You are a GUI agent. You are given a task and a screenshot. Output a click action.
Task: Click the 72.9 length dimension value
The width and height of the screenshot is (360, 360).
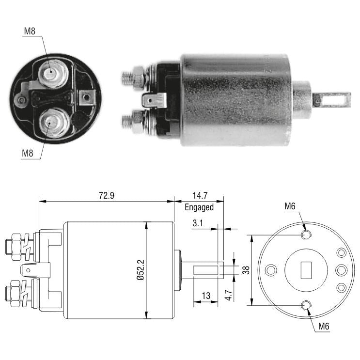click(x=107, y=196)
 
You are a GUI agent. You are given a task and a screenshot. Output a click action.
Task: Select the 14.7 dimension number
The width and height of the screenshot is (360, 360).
click(x=200, y=196)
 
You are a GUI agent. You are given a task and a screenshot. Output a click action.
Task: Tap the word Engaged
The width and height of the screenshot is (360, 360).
click(x=199, y=207)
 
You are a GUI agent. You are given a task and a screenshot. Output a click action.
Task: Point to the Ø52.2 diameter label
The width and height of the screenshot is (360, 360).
click(x=141, y=270)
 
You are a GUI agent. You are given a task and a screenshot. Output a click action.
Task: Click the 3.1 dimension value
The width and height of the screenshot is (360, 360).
click(x=198, y=223)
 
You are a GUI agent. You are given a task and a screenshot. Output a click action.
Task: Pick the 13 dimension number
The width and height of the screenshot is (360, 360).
click(x=206, y=296)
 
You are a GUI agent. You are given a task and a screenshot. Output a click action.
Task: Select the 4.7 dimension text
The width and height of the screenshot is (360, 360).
click(x=229, y=295)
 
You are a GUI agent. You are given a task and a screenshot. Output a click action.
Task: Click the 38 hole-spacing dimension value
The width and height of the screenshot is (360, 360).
click(x=246, y=270)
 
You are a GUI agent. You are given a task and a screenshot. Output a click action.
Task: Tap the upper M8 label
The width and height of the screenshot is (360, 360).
click(x=30, y=31)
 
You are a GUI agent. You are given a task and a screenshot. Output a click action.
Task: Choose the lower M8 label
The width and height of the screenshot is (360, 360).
click(x=27, y=153)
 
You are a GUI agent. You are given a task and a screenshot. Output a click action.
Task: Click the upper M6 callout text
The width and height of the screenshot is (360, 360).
click(x=290, y=206)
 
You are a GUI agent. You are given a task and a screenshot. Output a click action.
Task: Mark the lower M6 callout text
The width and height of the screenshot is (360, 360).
click(x=324, y=326)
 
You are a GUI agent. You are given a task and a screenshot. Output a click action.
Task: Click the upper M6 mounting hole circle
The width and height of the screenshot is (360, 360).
click(x=306, y=235)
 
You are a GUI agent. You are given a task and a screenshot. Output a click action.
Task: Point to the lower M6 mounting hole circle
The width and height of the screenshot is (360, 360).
click(x=306, y=305)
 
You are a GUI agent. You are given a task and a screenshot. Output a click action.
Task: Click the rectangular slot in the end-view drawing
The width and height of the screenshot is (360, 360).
click(x=306, y=270)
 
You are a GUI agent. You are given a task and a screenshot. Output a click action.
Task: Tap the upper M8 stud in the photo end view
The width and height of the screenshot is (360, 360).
click(x=53, y=73)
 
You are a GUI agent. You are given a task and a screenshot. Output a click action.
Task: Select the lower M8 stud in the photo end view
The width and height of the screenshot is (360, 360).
click(x=54, y=123)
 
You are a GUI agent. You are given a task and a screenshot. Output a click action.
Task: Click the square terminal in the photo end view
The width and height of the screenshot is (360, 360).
click(x=87, y=97)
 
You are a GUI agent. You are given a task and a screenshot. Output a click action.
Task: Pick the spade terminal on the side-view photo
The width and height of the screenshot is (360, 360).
click(x=154, y=100)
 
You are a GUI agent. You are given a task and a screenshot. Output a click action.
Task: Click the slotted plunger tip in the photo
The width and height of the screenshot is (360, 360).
click(x=332, y=100)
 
